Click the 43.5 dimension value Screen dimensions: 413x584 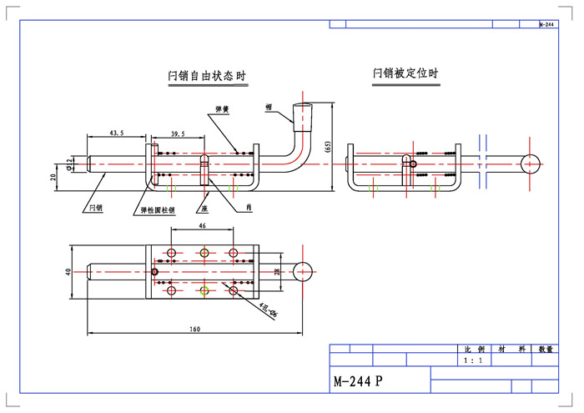pyautogui.click(x=117, y=133)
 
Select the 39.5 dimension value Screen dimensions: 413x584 pyautogui.click(x=179, y=133)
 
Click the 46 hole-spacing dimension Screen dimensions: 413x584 pyautogui.click(x=202, y=226)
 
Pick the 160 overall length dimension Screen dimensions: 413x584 pyautogui.click(x=194, y=330)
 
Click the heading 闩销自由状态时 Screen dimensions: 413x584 pyautogui.click(x=207, y=77)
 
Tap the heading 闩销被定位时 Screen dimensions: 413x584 pyautogui.click(x=405, y=73)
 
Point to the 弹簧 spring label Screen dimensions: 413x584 pyautogui.click(x=222, y=109)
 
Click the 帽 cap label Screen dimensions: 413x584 pyautogui.click(x=269, y=107)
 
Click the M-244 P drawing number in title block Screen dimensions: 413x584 pyautogui.click(x=358, y=381)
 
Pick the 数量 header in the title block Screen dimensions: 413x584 pyautogui.click(x=546, y=350)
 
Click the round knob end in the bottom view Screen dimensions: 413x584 pyautogui.click(x=306, y=269)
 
